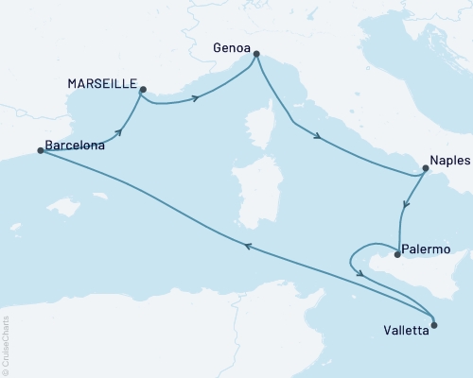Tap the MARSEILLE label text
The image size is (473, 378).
click(x=101, y=83)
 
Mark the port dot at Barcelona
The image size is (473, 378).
click(x=40, y=150)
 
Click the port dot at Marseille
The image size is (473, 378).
click(x=143, y=91)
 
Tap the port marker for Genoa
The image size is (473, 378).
click(x=255, y=56)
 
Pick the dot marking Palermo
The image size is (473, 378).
click(x=396, y=253)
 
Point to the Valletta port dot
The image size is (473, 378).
click(x=434, y=325)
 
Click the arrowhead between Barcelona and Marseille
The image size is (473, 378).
click(x=121, y=132)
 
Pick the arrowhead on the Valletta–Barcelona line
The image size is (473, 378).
click(x=247, y=246)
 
